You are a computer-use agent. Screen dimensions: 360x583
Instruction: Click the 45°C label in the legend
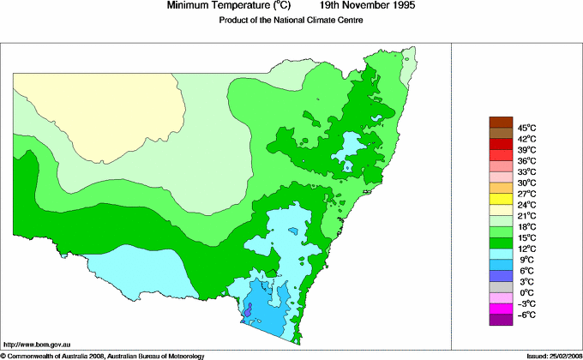click(x=526, y=128)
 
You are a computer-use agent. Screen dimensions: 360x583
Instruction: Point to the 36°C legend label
click(x=526, y=161)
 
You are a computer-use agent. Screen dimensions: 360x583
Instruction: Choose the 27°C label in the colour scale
click(x=526, y=194)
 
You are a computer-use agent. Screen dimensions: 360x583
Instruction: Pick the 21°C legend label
click(x=526, y=216)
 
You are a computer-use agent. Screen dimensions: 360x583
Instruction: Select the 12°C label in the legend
click(x=526, y=249)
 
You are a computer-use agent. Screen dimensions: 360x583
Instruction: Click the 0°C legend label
click(x=526, y=292)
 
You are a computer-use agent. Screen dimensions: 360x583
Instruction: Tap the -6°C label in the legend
click(x=526, y=315)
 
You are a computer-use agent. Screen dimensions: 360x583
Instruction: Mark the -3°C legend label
click(x=526, y=303)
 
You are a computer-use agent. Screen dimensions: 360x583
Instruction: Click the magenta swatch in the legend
click(x=500, y=309)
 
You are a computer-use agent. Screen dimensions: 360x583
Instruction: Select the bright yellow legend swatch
click(x=500, y=199)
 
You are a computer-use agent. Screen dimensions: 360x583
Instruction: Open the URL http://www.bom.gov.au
click(x=38, y=343)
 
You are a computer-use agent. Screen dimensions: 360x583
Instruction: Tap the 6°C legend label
click(x=526, y=270)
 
